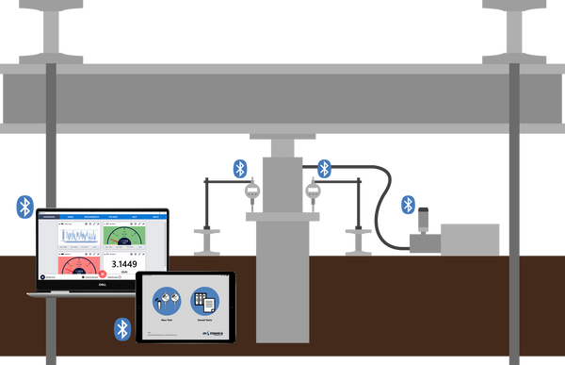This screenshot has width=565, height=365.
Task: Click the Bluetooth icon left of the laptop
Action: pos(25,206)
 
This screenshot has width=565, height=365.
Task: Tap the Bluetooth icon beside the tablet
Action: pos(121,328)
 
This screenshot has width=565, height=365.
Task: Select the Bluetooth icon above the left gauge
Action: pos(240,169)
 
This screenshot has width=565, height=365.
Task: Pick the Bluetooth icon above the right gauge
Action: pos(324,169)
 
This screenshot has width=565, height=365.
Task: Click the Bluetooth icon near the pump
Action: pos(408,204)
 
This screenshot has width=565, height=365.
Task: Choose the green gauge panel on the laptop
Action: pos(124,236)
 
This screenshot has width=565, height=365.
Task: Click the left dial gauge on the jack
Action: pos(251,192)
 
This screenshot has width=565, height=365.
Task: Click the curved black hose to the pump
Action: pos(382,207)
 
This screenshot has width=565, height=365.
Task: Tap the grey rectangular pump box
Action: pos(469,238)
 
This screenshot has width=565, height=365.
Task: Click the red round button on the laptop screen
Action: pos(102,274)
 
